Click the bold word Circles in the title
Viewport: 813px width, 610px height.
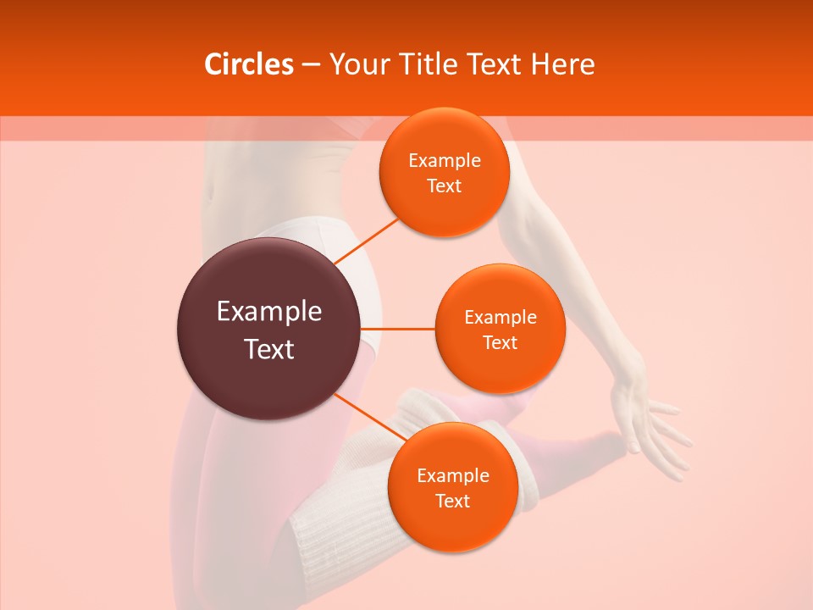tap(248, 64)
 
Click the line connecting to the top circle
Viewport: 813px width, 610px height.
tap(366, 240)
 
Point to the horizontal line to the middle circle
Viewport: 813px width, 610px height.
tap(398, 329)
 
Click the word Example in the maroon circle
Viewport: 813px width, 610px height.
tap(269, 312)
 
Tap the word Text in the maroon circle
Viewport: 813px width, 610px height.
tap(269, 349)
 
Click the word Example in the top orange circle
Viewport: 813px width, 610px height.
tap(445, 161)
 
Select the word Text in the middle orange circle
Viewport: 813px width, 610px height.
tap(501, 342)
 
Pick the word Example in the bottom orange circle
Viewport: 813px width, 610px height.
tap(453, 475)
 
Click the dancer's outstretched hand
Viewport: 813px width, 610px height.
tap(652, 419)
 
